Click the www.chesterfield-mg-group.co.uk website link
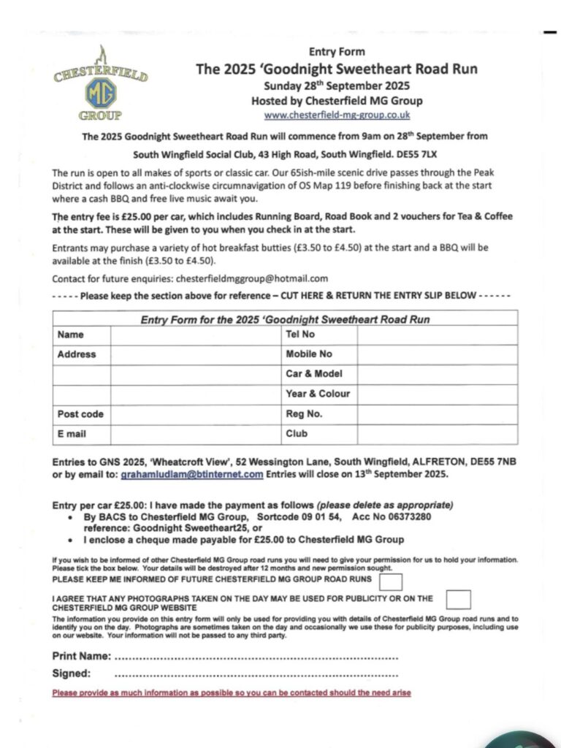click(337, 115)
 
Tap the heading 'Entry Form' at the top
click(337, 52)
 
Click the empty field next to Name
click(195, 335)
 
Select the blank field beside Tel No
click(437, 335)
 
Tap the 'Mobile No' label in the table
click(309, 354)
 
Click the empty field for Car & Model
click(437, 374)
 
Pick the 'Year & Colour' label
click(318, 394)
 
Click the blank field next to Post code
click(195, 414)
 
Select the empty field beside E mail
click(195, 434)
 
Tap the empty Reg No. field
click(437, 414)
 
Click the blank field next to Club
click(437, 434)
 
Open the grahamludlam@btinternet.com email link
click(191, 474)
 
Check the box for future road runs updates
click(392, 581)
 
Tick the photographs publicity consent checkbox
click(458, 600)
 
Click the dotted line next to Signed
click(256, 674)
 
